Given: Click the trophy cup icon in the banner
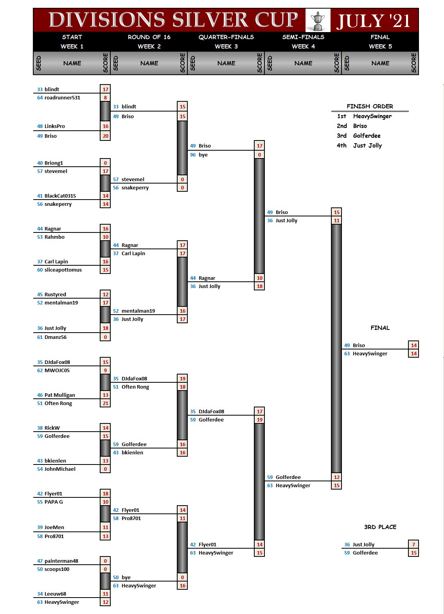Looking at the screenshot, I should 318,20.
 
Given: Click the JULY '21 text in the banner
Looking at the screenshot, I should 374,21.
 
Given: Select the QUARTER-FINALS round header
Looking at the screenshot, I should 226,37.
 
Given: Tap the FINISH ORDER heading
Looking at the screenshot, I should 370,106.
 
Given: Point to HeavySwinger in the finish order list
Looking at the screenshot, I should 372,116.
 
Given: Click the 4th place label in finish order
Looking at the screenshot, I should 342,146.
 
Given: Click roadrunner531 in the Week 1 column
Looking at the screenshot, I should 62,98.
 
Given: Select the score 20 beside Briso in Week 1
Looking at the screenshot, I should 105,136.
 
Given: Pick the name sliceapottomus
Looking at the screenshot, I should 63,270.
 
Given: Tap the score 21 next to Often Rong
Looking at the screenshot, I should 105,403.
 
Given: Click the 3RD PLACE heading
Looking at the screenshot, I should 380,527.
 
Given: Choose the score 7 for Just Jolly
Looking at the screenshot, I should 413,545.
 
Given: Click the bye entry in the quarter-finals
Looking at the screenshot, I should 203,155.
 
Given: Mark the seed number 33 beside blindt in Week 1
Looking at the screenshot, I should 40,90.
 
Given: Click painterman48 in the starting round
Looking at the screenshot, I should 61,561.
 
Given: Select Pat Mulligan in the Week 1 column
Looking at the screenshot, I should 60,395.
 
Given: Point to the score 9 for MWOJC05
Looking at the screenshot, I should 105,371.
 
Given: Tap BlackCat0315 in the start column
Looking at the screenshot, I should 60,196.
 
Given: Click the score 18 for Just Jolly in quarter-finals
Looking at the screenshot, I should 259,286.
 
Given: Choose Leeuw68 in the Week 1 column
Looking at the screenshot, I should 55,594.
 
